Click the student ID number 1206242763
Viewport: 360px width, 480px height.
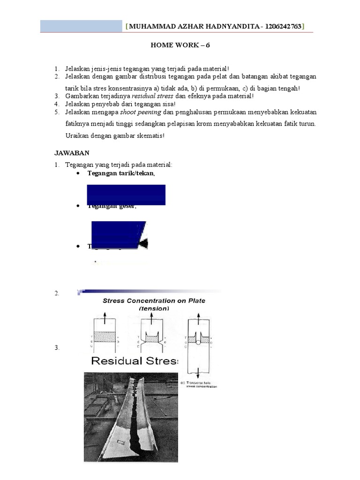click(283, 27)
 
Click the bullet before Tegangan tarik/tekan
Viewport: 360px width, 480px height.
click(78, 173)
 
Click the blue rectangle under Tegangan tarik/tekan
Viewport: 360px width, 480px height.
click(126, 194)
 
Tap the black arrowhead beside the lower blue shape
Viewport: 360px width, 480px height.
click(143, 243)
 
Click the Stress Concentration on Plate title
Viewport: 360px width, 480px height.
click(154, 301)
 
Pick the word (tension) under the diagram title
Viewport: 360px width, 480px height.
click(154, 309)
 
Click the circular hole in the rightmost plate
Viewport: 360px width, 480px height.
click(198, 342)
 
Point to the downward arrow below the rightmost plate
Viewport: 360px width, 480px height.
click(198, 373)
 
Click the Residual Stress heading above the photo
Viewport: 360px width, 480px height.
click(135, 361)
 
